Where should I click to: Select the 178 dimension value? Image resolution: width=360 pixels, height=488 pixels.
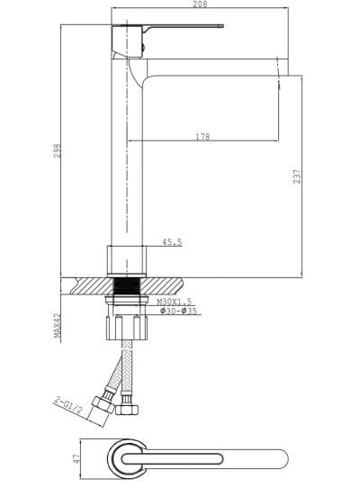tap(203, 137)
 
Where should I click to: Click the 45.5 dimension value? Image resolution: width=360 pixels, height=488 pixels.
tap(172, 241)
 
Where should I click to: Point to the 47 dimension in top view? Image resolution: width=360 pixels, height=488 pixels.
tap(77, 457)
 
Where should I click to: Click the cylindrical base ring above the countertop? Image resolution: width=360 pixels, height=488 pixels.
tap(127, 259)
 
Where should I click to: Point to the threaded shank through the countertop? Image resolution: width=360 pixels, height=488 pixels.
tap(127, 293)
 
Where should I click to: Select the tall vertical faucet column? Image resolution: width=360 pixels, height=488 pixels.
tap(127, 153)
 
